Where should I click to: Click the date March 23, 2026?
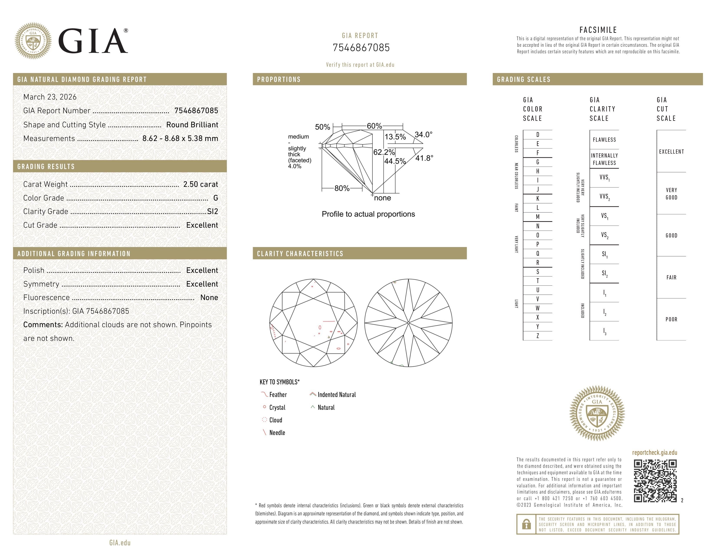(50, 97)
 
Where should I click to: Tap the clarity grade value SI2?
(212, 212)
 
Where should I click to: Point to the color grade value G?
(215, 198)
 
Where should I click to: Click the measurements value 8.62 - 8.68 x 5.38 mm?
(180, 139)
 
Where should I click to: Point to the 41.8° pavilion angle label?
(424, 158)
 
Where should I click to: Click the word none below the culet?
(382, 198)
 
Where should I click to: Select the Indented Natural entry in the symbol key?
(336, 395)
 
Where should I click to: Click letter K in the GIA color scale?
(538, 199)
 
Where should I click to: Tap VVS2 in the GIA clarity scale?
(604, 197)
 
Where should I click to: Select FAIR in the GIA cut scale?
(671, 278)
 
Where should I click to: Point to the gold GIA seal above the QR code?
(597, 413)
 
